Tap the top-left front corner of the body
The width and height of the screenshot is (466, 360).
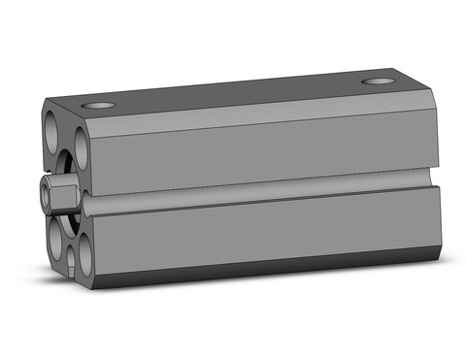coord(44,101)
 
